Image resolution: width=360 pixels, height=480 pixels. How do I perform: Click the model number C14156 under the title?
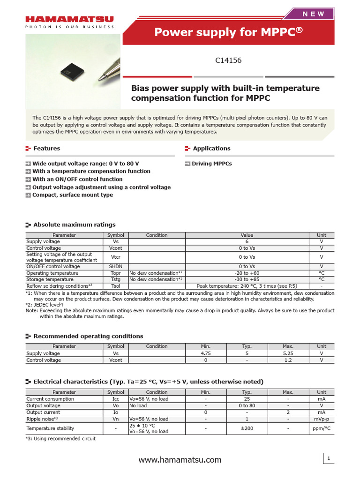pos(228,60)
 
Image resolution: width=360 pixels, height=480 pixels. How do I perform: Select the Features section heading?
pos(46,148)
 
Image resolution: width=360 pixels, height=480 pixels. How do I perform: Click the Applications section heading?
pos(211,148)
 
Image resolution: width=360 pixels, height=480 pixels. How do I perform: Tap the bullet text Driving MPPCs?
pos(211,164)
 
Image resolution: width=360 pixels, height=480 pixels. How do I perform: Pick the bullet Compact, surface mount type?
pos(72,195)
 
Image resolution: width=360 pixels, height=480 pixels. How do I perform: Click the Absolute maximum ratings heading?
pos(74,225)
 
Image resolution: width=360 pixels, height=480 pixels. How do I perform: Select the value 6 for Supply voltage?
pos(247,241)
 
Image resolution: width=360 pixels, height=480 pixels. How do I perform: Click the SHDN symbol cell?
pos(115,266)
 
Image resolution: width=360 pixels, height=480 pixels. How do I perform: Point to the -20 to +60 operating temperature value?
pos(247,273)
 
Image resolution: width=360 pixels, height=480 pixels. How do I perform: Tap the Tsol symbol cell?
pos(115,285)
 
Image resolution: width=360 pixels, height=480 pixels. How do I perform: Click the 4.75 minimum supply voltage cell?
pos(205,353)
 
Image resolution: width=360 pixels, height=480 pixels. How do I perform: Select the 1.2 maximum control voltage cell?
pos(288,360)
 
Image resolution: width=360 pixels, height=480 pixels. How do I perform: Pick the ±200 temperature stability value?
pos(247,428)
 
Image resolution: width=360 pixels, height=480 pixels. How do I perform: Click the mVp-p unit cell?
pos(322,419)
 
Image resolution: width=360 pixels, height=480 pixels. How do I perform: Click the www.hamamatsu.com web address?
pos(180,460)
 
